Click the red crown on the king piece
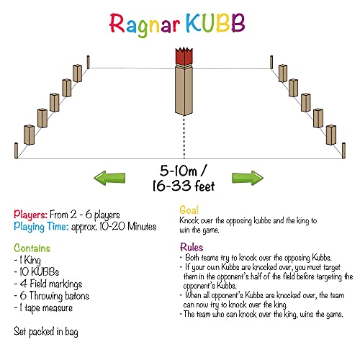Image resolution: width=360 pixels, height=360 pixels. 184,56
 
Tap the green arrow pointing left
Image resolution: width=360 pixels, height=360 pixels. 109,178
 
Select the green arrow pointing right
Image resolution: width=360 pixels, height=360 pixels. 248,178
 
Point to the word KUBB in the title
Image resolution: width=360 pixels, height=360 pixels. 215,23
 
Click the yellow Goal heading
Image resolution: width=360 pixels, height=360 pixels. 189,210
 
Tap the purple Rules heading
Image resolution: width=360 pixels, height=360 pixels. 192,247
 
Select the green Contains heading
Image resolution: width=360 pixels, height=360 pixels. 32,248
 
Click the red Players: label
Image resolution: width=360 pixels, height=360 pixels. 30,215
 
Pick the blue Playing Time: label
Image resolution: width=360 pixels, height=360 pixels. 41,227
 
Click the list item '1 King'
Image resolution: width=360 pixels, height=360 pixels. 27,260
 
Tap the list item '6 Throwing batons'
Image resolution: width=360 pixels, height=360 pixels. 52,296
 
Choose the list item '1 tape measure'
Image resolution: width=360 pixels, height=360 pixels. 43,308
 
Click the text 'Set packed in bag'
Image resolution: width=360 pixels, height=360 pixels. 46,332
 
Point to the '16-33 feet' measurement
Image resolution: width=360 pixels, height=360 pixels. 184,186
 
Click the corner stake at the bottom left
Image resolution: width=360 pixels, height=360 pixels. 17,150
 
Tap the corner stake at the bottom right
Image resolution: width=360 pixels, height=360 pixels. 343,150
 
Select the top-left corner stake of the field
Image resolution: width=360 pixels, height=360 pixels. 89,62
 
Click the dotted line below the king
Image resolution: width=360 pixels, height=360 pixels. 184,138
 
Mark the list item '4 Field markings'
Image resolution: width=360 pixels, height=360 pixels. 48,284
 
